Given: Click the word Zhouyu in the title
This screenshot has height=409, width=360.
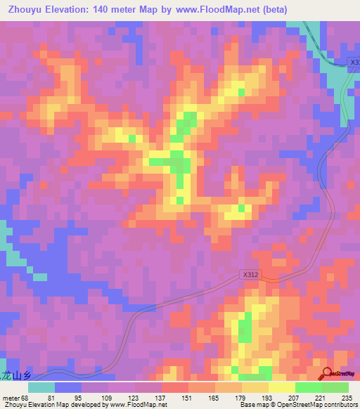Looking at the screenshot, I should pyautogui.click(x=24, y=9).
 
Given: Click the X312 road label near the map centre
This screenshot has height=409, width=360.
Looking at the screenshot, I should pyautogui.click(x=250, y=275).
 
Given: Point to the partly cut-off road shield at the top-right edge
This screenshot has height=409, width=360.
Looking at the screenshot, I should pyautogui.click(x=354, y=63).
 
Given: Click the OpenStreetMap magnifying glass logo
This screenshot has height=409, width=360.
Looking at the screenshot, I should pyautogui.click(x=328, y=373).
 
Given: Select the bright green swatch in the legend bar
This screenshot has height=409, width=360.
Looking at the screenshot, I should pyautogui.click(x=308, y=387).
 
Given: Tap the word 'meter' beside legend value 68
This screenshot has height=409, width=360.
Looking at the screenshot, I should pyautogui.click(x=11, y=397).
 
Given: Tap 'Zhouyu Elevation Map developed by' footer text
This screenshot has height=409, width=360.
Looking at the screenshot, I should pyautogui.click(x=42, y=405).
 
